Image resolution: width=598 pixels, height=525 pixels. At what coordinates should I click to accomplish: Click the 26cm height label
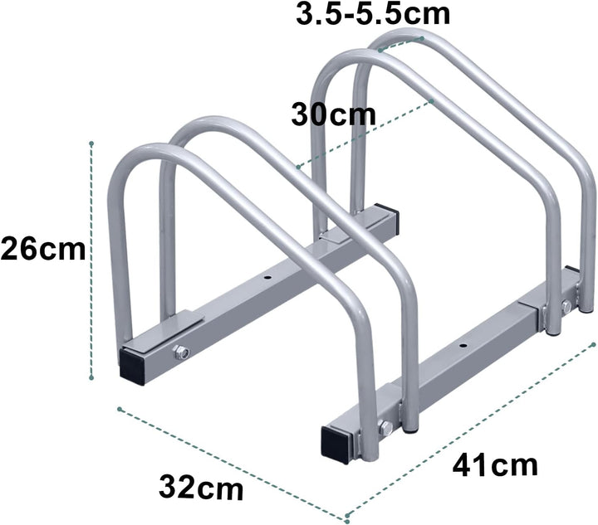click(x=42, y=249)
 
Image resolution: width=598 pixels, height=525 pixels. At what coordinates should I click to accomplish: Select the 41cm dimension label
click(x=496, y=464)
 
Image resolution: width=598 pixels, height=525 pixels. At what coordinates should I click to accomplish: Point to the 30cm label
click(x=333, y=114)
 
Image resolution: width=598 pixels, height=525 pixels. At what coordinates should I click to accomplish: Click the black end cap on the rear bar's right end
click(x=386, y=218)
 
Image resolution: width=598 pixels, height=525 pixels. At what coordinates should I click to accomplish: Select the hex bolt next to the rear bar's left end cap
click(x=181, y=354)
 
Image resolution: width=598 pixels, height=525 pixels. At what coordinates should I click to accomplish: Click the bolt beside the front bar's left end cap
click(x=385, y=429)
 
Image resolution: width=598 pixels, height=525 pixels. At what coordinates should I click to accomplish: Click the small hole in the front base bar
click(x=463, y=342)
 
